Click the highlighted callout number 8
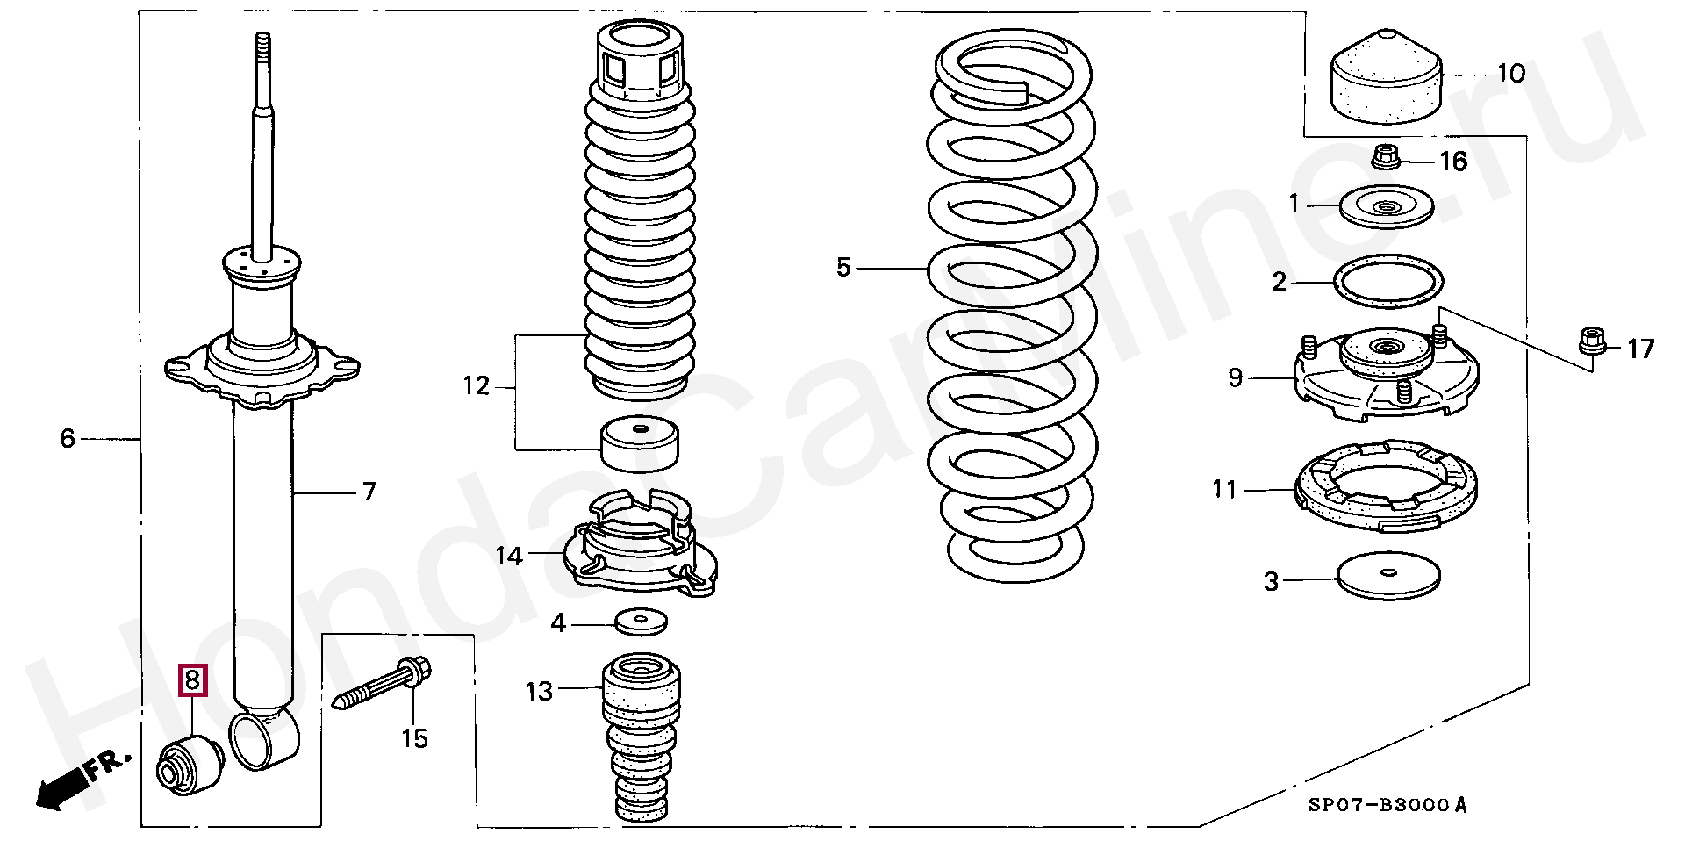pos(193,679)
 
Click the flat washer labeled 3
pos(1388,576)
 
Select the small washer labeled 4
pos(641,622)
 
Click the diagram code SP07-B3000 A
pos(1387,806)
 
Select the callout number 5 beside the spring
pos(843,267)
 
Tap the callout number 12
pos(476,386)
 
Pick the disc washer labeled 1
pos(1387,207)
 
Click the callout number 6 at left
pos(68,437)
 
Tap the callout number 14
pos(509,557)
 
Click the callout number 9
pos(1236,377)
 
